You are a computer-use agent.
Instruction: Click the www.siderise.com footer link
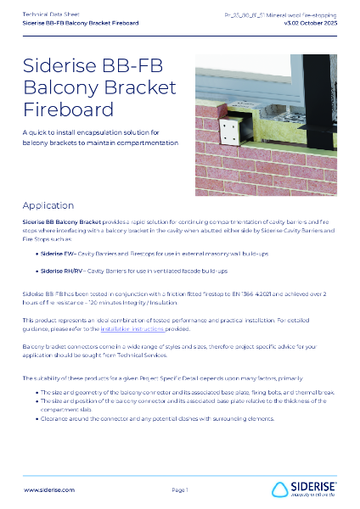(49, 490)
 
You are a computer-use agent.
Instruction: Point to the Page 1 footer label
(180, 490)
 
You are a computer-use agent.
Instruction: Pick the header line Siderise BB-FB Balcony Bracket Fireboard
(82, 23)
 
